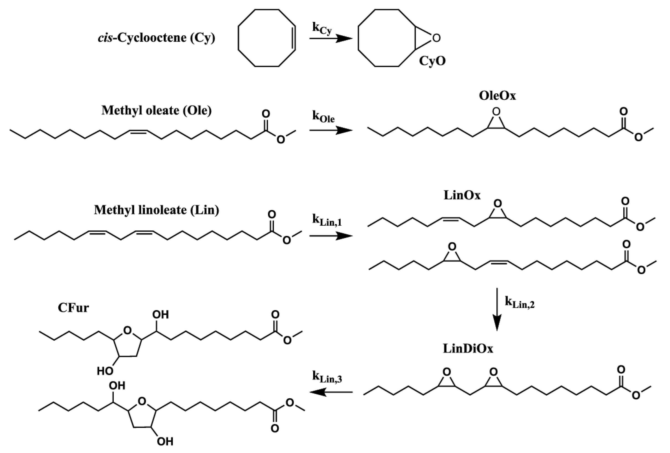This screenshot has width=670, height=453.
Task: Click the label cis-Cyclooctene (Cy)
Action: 156,38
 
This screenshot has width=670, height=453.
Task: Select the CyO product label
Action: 432,61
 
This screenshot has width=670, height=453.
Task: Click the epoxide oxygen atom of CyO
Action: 436,38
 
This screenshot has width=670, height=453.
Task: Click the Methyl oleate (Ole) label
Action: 156,110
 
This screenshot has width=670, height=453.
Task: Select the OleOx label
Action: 497,96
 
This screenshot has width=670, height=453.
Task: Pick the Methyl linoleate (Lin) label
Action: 156,210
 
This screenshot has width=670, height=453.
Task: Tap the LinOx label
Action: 462,196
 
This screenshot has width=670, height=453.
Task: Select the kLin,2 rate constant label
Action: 520,303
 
